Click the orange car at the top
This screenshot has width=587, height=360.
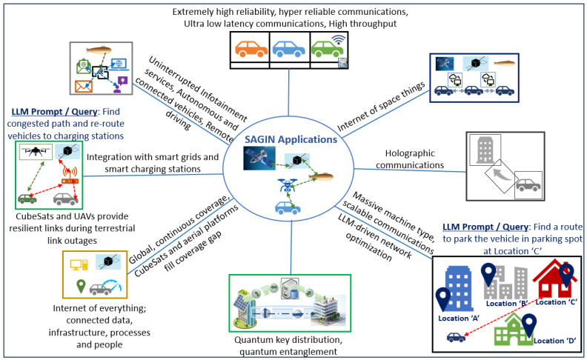251,49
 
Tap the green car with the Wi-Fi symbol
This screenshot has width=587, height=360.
327,49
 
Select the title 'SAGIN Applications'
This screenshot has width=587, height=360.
291,139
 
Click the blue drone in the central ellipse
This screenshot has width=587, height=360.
287,185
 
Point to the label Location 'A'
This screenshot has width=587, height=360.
459,318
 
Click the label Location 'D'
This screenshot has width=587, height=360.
554,341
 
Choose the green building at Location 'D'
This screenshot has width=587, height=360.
513,330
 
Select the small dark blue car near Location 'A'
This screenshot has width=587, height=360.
456,338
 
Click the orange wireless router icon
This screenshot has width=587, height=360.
70,176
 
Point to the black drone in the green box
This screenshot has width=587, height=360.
36,151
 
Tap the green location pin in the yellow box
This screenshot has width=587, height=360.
81,286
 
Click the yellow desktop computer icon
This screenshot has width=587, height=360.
79,264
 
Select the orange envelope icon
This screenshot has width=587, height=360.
84,86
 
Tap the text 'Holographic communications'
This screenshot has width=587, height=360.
410,159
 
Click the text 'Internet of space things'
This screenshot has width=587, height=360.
381,107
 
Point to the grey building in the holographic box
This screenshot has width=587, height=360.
485,150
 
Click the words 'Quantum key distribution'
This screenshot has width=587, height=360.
288,340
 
